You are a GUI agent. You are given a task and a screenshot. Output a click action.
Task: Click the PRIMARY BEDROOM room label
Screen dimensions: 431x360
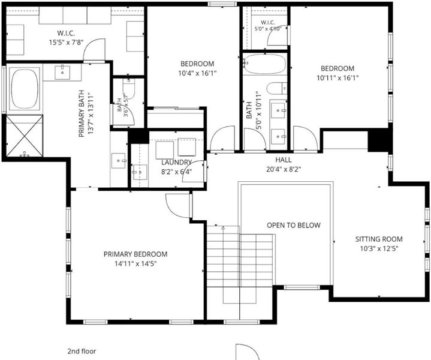(135, 254)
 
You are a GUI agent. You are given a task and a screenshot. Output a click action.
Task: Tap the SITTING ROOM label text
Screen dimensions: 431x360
(379, 239)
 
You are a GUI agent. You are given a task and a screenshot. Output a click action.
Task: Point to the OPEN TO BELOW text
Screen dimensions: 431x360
(294, 225)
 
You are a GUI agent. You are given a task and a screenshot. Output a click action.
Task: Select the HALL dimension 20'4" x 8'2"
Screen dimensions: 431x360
(284, 169)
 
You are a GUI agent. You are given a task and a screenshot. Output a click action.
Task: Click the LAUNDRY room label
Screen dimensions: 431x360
(176, 163)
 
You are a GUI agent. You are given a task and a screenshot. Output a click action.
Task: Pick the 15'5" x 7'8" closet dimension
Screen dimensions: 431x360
(66, 43)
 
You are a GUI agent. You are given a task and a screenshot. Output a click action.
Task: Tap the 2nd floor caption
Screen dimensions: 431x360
(82, 351)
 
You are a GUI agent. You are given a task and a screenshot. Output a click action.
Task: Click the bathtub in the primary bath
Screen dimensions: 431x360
(24, 89)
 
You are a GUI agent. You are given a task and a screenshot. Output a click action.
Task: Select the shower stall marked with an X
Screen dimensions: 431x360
(25, 136)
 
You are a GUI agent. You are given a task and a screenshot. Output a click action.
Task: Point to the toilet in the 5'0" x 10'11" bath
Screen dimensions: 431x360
(276, 88)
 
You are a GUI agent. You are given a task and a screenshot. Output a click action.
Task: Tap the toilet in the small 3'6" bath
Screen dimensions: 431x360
(129, 88)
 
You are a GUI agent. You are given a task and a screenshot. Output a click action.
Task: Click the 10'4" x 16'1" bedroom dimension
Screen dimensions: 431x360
(197, 73)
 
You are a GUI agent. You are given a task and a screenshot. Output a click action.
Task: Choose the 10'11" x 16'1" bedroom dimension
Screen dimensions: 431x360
(337, 78)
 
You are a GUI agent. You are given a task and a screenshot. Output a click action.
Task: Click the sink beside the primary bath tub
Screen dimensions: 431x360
(62, 73)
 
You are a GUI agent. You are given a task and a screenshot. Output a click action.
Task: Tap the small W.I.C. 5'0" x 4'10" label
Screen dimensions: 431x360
(268, 25)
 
